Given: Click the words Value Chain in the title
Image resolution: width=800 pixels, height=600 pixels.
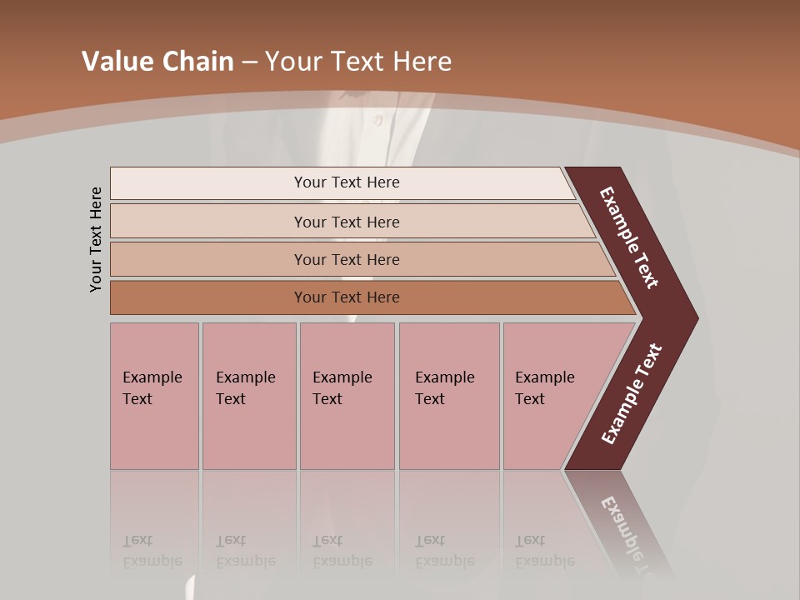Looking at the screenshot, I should tap(157, 62).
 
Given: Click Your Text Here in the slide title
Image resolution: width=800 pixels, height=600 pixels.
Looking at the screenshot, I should tap(358, 62).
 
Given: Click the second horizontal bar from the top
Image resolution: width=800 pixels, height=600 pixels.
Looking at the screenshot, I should tap(346, 222).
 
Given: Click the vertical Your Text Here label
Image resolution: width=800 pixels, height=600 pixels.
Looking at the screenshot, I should tap(96, 239).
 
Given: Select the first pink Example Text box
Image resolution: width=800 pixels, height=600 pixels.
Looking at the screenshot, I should tap(154, 396).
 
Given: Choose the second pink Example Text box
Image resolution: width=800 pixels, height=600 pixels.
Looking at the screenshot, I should tap(248, 396).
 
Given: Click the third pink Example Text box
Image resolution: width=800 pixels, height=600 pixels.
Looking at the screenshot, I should tap(347, 396).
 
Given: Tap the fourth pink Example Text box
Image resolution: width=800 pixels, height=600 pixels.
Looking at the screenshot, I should tap(448, 396).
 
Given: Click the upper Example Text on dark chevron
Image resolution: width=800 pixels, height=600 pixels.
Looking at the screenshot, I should tap(629, 237).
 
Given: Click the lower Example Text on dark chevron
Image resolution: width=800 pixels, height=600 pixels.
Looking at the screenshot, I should tap(632, 394).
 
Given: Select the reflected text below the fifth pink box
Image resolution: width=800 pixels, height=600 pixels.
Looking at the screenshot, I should tap(543, 551).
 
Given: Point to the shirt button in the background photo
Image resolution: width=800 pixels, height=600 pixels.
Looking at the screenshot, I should tap(377, 120).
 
